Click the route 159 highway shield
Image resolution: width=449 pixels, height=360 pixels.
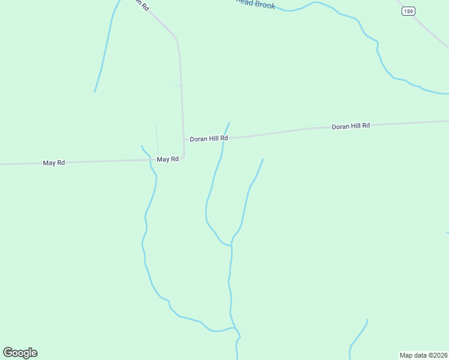coord(408,11)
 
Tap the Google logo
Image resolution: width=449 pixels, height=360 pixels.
coord(20,352)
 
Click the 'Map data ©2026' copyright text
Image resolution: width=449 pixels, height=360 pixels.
coord(424,355)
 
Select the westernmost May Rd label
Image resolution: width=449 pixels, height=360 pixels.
coord(54,163)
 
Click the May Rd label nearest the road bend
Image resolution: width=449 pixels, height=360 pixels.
coord(167,159)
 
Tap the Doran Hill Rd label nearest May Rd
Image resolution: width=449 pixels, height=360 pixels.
coord(209,139)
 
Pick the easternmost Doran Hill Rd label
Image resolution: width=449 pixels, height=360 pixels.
coord(351,126)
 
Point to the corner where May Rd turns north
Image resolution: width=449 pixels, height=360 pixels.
coord(183,157)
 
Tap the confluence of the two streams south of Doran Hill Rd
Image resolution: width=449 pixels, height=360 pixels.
coord(231,245)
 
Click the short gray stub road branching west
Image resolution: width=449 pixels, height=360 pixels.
coord(176,86)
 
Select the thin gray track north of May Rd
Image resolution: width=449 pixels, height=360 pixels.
coord(157,139)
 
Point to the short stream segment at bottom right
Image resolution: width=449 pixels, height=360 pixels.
coord(358,336)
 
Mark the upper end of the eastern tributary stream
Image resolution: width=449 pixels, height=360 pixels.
coord(263,160)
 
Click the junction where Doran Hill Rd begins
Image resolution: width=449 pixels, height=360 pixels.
coord(184,139)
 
